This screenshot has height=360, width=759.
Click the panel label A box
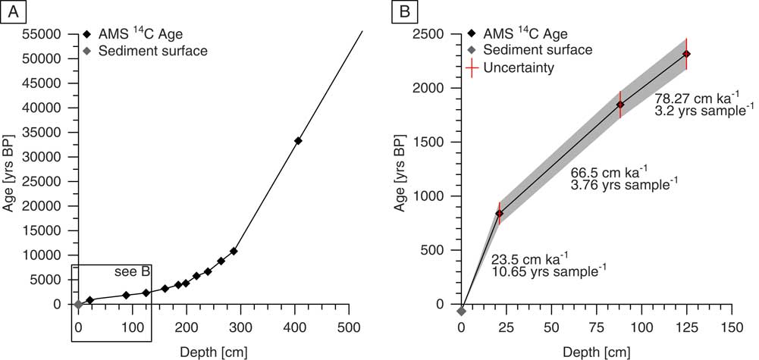point(12,13)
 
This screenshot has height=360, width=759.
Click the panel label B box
point(404,13)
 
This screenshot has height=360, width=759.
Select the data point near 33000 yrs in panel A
point(298,141)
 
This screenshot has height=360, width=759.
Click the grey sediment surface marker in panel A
point(78,304)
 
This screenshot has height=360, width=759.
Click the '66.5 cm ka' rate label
point(607,173)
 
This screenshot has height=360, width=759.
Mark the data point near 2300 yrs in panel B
point(686,54)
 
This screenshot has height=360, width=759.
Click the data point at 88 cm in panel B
point(620,105)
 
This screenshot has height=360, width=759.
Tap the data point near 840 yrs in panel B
point(499,214)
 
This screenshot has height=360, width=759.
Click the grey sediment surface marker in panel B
point(461,310)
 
